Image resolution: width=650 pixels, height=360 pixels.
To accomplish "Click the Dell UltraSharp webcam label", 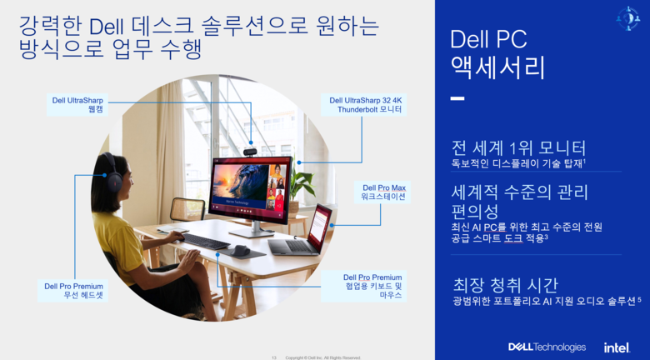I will tap(77, 105).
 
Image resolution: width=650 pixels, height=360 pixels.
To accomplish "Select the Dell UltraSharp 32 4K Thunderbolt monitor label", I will tap(365, 105).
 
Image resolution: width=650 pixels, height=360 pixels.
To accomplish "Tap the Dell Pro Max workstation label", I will tap(382, 192).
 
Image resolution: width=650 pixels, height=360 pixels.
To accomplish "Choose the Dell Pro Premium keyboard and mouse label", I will tap(372, 286).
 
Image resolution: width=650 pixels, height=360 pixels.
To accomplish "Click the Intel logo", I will tap(617, 347).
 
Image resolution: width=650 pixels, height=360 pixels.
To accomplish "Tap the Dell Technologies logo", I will tap(547, 347).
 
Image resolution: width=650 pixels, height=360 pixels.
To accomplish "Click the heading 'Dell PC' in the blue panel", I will tap(488, 39).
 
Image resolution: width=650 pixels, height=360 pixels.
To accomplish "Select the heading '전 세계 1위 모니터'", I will tap(518, 147).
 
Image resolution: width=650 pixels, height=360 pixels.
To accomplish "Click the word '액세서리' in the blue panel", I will tap(498, 67).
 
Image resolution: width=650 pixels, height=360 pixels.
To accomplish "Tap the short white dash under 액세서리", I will tap(457, 98).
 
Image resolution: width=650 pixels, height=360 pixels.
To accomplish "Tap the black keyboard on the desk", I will tap(205, 241).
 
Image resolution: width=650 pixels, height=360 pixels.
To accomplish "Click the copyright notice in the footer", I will tap(323, 357).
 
